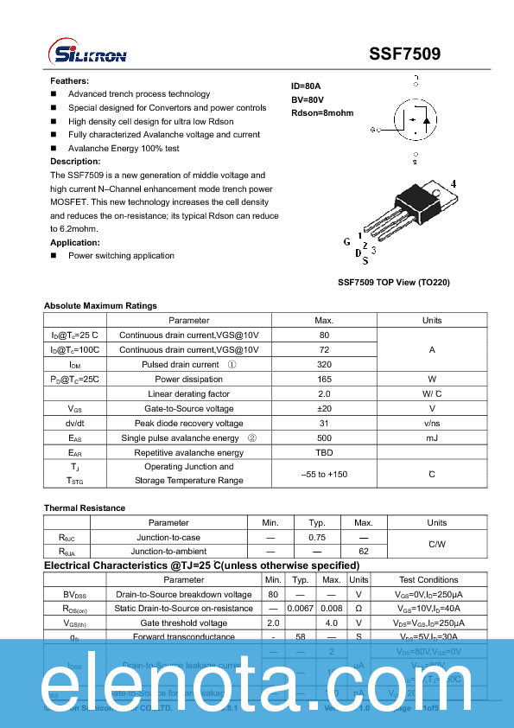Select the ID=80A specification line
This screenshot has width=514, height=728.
click(306, 86)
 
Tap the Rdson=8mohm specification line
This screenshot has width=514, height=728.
click(322, 113)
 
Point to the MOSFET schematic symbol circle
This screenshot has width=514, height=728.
click(415, 121)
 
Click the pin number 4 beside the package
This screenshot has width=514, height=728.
click(453, 184)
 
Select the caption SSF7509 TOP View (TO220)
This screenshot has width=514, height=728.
click(393, 283)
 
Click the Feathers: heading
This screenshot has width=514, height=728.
click(70, 80)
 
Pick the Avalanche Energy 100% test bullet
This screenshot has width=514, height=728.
click(124, 148)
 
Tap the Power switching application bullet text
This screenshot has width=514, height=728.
click(121, 255)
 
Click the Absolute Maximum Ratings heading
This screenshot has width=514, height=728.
click(100, 305)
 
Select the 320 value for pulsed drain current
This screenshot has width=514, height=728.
click(324, 365)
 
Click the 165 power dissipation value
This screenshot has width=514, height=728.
click(324, 379)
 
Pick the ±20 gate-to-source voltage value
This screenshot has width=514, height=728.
click(324, 408)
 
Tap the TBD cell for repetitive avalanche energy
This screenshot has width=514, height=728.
click(324, 452)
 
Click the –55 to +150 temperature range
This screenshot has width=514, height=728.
click(324, 474)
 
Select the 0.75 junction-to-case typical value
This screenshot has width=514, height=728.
click(317, 537)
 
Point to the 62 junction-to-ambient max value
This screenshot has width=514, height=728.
click(364, 551)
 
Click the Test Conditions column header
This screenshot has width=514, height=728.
click(428, 579)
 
